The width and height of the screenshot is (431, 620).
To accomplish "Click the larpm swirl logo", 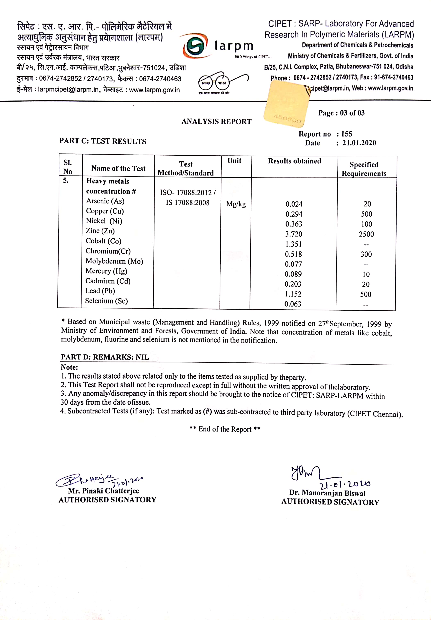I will pyautogui.click(x=195, y=46).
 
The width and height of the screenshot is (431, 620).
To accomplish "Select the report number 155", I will pyautogui.click(x=347, y=134).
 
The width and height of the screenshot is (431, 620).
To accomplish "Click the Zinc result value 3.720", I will pyautogui.click(x=294, y=234).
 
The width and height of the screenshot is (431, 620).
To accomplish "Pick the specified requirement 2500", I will pyautogui.click(x=366, y=234).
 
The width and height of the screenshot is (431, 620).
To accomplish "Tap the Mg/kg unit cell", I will pyautogui.click(x=236, y=204).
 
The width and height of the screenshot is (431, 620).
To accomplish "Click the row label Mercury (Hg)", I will pyautogui.click(x=106, y=271).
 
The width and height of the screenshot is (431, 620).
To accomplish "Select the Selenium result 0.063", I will pyautogui.click(x=293, y=304).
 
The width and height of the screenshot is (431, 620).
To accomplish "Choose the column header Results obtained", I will pyautogui.click(x=294, y=161).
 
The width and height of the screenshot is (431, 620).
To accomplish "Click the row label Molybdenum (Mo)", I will pyautogui.click(x=114, y=261).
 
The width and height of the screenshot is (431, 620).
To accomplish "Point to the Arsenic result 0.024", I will pyautogui.click(x=294, y=204).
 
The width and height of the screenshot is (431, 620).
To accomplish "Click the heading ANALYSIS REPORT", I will pyautogui.click(x=216, y=122).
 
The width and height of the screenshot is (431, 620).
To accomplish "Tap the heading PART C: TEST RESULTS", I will pyautogui.click(x=103, y=141).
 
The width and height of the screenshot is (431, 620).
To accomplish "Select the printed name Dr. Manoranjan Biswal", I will pyautogui.click(x=327, y=493).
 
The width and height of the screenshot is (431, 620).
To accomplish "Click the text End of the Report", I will pyautogui.click(x=225, y=429).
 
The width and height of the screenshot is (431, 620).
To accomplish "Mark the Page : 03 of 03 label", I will pyautogui.click(x=341, y=113).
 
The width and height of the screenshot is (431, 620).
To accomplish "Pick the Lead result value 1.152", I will pyautogui.click(x=293, y=294).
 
